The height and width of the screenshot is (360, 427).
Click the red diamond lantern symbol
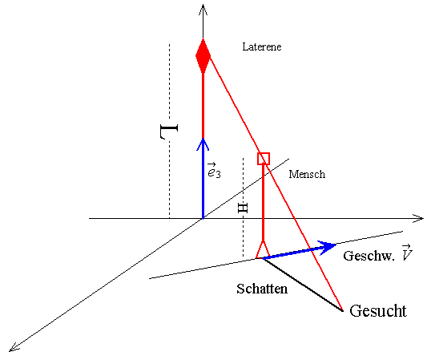[x=203, y=56]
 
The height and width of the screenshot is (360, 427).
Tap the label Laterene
[x=262, y=47]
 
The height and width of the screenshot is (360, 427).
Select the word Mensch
[x=307, y=174]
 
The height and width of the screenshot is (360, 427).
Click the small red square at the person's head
[x=264, y=159]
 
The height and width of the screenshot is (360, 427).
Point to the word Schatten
[x=262, y=289]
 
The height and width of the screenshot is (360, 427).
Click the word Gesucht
[x=378, y=311]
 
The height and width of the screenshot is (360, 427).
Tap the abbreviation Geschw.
[x=369, y=257]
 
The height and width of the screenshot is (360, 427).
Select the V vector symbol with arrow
[x=407, y=253]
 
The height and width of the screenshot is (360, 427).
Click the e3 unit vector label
[x=214, y=171]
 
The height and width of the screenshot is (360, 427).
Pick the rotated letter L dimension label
[x=169, y=131]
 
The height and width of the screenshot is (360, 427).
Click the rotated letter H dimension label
[x=243, y=208]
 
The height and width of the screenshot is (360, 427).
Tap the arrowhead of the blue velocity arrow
[x=328, y=247]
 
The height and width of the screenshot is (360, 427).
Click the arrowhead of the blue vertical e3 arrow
[x=203, y=144]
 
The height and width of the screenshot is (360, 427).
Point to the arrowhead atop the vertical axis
[x=203, y=10]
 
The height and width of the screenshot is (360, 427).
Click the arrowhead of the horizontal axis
[x=418, y=218]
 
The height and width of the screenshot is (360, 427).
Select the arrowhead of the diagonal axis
[x=14, y=348]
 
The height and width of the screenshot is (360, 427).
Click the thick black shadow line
[x=302, y=285]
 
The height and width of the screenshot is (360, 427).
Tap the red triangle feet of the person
[x=263, y=249]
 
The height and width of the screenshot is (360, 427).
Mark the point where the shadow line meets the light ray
[x=342, y=310]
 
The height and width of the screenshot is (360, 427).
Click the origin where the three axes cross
[x=203, y=218]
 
